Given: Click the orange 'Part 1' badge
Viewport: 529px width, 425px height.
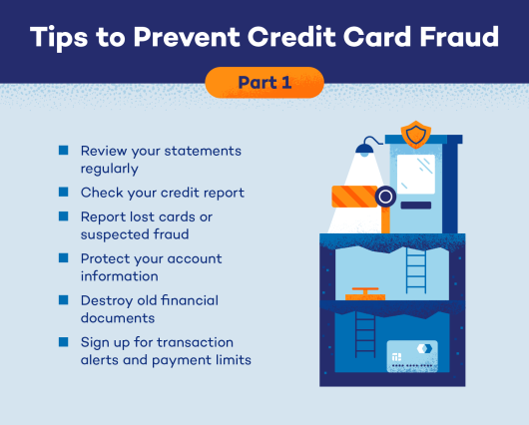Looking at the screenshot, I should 264,82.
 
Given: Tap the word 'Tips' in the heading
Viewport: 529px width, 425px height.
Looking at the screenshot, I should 62,38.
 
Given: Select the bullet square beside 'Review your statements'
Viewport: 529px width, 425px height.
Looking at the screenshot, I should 63,150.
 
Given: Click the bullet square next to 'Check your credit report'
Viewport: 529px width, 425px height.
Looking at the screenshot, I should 63,191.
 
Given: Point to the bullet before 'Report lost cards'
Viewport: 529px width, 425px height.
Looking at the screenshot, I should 63,215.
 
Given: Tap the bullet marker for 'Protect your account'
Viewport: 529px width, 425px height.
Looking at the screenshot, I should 63,257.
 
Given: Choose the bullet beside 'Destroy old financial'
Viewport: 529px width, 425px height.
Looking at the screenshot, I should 63,299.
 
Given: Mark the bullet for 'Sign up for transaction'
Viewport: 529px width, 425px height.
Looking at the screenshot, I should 63,341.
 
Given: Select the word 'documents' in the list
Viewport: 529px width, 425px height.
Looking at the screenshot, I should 119,318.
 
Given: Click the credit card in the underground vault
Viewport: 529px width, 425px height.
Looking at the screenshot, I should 412,356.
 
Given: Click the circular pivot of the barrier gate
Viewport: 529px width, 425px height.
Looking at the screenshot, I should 385,197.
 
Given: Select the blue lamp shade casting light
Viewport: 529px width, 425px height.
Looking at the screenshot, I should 365,150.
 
